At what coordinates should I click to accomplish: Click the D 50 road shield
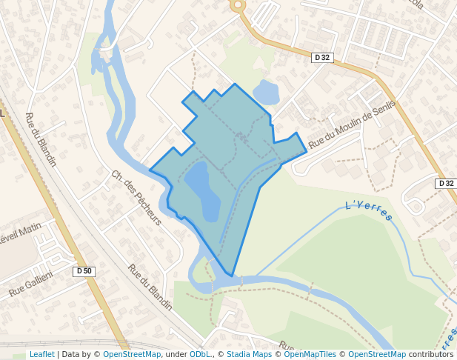click(x=84, y=271)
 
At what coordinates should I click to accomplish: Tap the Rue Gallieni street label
click(x=31, y=284)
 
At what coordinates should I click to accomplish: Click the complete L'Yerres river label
click(x=369, y=210)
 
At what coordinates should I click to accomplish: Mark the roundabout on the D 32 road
click(x=238, y=5)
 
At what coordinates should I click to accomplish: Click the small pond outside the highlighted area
click(x=267, y=93)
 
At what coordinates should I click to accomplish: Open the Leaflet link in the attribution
click(x=41, y=354)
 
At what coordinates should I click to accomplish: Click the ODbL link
click(x=200, y=354)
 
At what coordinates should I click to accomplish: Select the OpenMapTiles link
click(x=310, y=354)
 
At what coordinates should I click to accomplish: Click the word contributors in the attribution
click(x=431, y=354)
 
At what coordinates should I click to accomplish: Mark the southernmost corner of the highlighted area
click(x=233, y=276)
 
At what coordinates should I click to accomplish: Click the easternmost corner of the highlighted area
click(x=307, y=151)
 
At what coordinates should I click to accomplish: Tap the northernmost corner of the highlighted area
click(x=236, y=84)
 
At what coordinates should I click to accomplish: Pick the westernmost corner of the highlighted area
click(x=150, y=170)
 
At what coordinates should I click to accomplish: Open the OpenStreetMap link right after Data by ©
click(x=132, y=354)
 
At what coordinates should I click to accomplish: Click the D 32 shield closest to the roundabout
click(x=321, y=57)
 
